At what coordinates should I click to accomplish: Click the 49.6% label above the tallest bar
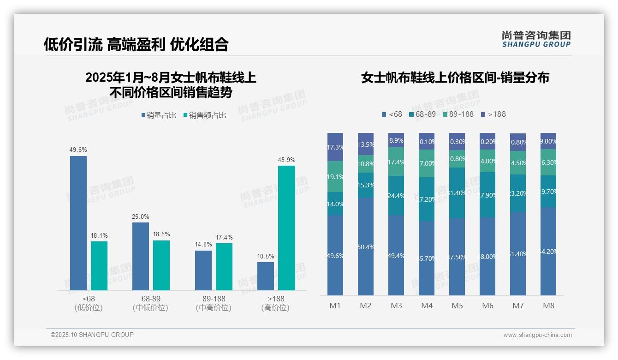(78, 150)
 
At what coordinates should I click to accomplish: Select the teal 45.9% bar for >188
(286, 228)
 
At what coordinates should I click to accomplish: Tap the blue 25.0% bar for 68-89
(141, 256)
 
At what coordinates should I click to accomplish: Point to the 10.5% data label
(266, 257)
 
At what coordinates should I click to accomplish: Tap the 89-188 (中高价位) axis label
(214, 303)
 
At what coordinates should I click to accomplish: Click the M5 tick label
(457, 306)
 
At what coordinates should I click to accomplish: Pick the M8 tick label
(548, 306)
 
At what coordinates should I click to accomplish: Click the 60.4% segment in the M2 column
(366, 246)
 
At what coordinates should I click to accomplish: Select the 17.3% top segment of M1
(335, 147)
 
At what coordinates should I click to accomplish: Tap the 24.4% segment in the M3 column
(396, 195)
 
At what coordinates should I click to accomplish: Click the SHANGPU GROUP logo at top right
(536, 39)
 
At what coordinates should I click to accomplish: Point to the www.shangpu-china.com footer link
(537, 335)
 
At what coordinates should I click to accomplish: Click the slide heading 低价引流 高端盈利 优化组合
(136, 44)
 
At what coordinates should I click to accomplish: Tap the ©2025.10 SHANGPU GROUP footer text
(92, 335)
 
